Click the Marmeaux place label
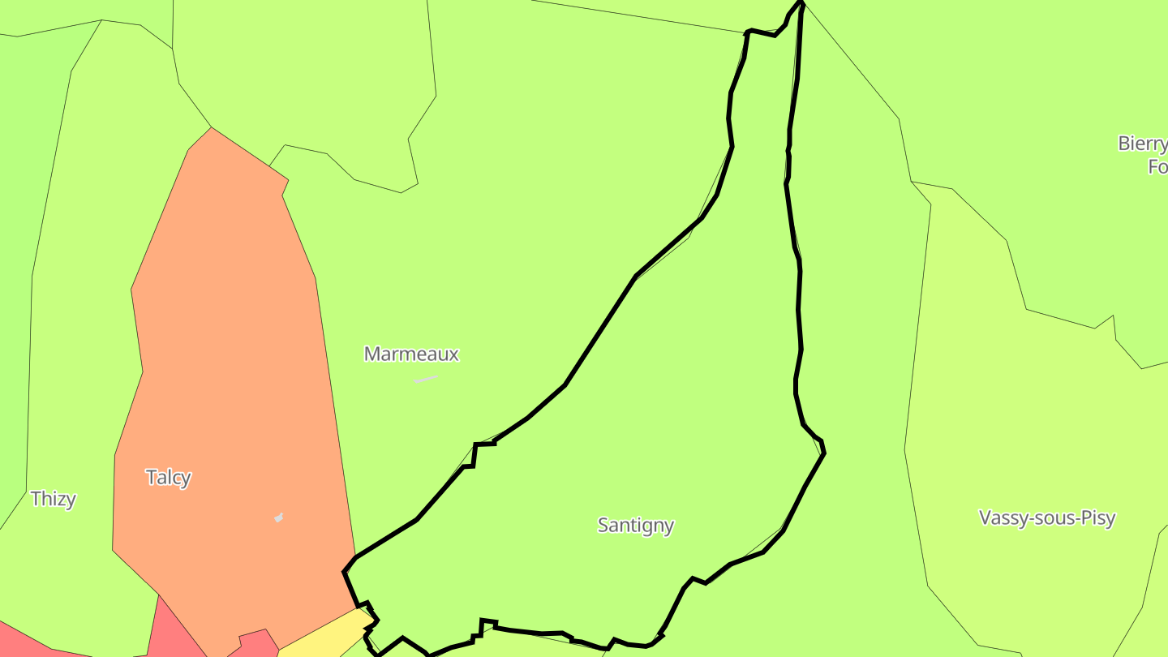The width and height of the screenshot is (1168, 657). [x=411, y=354]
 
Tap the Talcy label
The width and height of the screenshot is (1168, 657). [x=168, y=477]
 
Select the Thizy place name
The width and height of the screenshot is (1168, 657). [x=54, y=498]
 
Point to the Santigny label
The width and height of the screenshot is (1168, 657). [x=635, y=525]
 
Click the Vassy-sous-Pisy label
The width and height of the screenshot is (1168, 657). [x=1047, y=517]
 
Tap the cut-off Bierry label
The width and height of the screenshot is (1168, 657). [x=1142, y=144]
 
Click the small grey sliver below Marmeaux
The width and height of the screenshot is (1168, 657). [x=426, y=379]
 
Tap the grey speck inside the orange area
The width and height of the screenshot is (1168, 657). [x=279, y=517]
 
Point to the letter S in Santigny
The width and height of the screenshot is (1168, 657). [x=603, y=525]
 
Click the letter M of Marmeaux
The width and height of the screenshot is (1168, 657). [x=372, y=354]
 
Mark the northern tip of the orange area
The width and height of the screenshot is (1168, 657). [x=212, y=130]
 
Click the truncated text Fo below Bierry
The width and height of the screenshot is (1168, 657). [x=1157, y=166]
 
